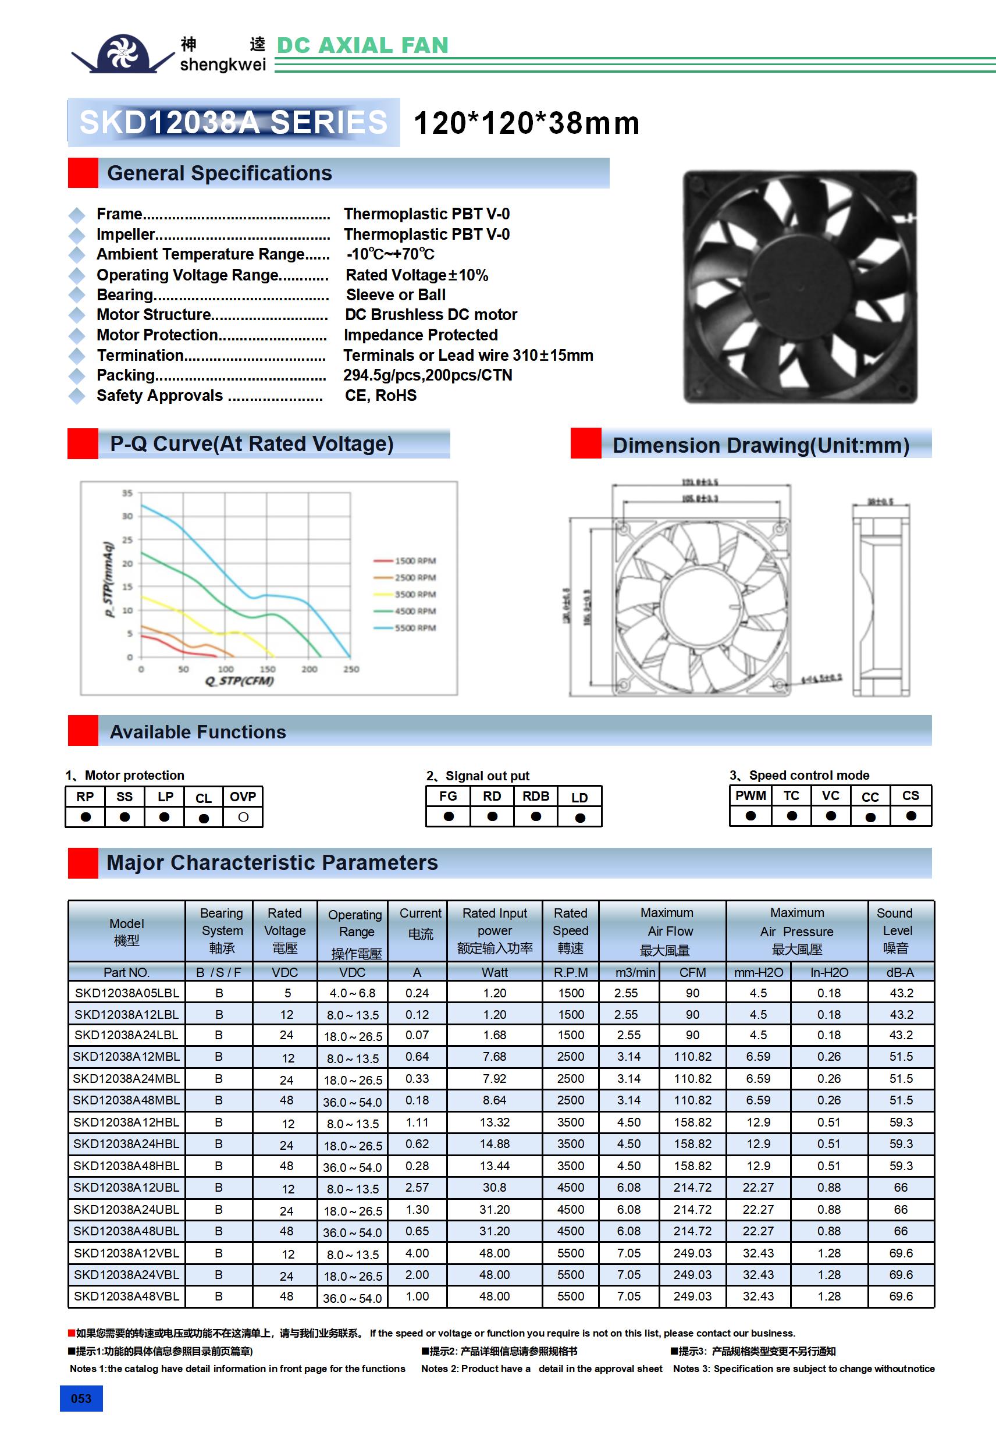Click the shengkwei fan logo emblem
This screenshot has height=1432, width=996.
point(123,54)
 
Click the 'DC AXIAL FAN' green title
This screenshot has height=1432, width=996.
point(362,45)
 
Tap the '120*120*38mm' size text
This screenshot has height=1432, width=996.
point(527,123)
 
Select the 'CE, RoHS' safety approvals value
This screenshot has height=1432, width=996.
point(380,396)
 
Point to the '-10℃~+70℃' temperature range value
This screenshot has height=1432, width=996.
point(390,254)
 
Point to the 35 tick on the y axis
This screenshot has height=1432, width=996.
point(127,493)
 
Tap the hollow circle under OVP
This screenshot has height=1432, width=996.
point(243,817)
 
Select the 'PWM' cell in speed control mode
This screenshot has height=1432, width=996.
point(750,796)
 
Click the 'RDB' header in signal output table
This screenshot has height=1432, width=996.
point(536,797)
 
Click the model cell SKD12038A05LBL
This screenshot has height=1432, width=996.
point(127,993)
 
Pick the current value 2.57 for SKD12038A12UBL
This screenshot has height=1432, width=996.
point(417,1188)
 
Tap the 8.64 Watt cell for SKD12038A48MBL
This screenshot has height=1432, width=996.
point(495,1100)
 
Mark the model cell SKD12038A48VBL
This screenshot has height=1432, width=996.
point(127,1296)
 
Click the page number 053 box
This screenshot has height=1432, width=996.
point(81,1398)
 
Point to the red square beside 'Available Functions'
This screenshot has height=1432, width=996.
point(83,731)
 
